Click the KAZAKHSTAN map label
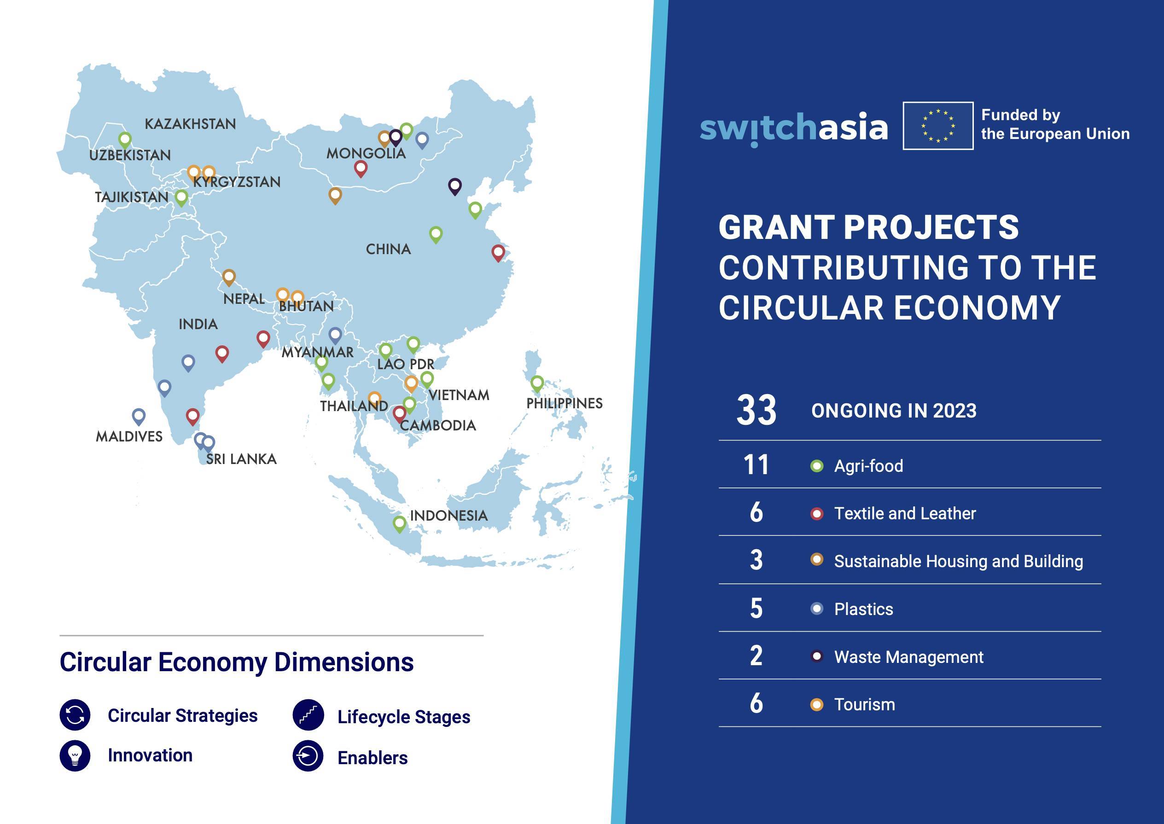click(x=190, y=124)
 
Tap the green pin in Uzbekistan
click(x=125, y=140)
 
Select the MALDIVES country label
click(x=129, y=436)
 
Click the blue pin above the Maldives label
click(x=139, y=417)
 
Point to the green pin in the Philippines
click(x=537, y=383)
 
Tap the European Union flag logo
click(x=938, y=126)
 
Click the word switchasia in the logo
click(x=794, y=128)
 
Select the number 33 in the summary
click(x=756, y=411)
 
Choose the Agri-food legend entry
click(x=869, y=466)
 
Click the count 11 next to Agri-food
click(x=756, y=465)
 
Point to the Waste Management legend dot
click(x=817, y=656)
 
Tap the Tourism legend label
click(x=865, y=704)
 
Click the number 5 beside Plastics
click(x=756, y=609)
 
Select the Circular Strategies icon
click(x=75, y=715)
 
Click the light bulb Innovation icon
click(x=75, y=755)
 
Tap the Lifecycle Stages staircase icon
click(x=308, y=715)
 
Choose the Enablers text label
click(x=372, y=758)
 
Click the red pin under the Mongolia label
click(x=360, y=168)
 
